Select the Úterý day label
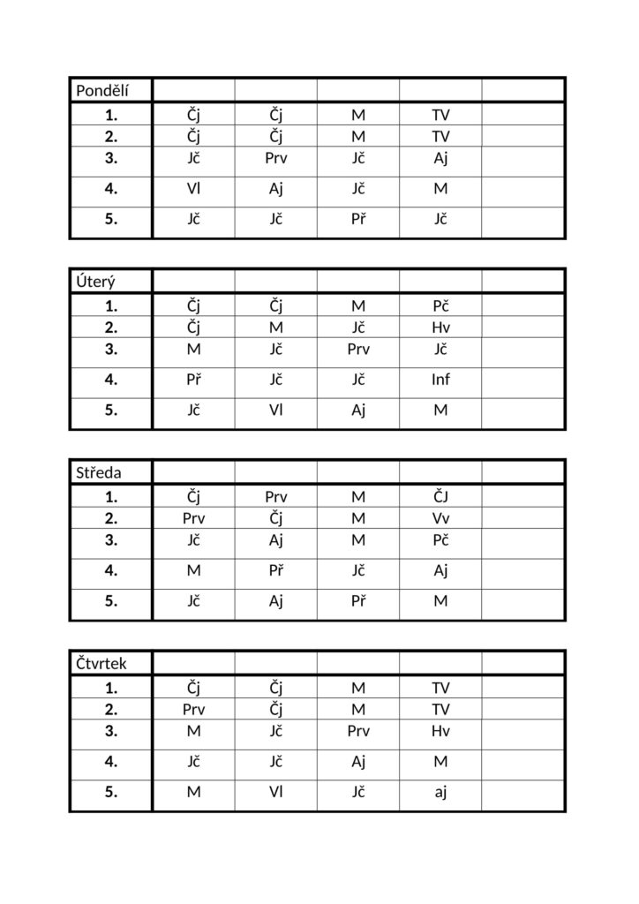click(x=94, y=281)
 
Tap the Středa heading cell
click(x=98, y=472)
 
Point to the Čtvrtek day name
click(x=101, y=664)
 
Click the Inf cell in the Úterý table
click(x=440, y=380)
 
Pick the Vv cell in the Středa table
click(x=440, y=518)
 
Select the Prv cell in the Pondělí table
click(x=276, y=159)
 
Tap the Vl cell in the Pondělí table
click(x=193, y=189)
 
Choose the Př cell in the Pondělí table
click(x=358, y=219)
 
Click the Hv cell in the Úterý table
click(x=440, y=328)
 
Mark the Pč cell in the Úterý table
click(x=440, y=305)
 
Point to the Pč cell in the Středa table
click(x=440, y=539)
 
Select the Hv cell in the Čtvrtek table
click(x=440, y=731)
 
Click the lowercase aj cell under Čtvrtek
click(x=440, y=792)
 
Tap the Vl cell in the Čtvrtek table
click(x=276, y=792)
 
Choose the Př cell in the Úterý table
click(x=193, y=380)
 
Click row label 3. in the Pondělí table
click(x=110, y=159)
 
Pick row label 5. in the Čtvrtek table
click(x=110, y=792)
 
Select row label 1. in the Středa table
click(x=110, y=496)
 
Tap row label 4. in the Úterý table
click(x=110, y=380)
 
